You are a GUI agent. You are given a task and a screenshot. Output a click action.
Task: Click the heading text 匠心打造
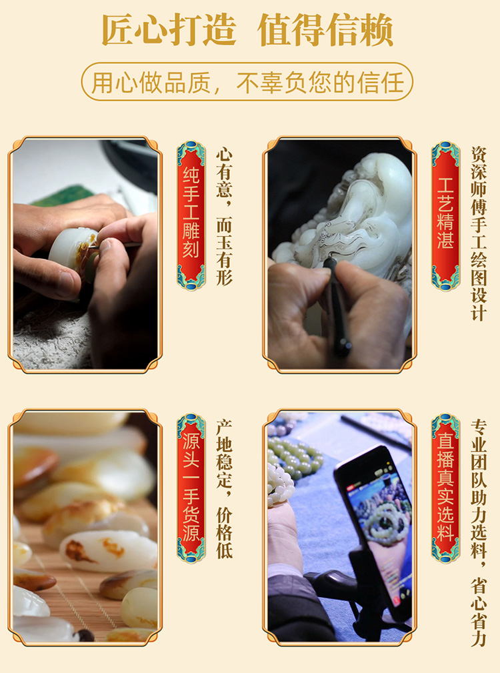pos(169,30)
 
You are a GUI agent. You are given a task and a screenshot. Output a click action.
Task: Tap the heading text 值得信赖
pos(325,30)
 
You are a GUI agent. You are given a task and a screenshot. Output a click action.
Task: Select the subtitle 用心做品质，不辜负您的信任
pos(247,82)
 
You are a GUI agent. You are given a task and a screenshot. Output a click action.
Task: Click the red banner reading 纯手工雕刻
pos(191,215)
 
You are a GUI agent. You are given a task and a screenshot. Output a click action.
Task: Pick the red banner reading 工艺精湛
pos(445,215)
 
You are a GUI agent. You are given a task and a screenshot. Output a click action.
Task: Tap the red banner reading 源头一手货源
pos(191,488)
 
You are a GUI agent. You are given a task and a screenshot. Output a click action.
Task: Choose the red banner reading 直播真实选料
pos(445,488)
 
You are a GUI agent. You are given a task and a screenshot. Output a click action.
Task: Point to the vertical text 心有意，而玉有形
pos(224,217)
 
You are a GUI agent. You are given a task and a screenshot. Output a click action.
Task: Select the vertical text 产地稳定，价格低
pos(224,489)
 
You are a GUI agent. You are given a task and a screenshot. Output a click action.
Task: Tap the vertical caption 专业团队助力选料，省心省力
pos(479,533)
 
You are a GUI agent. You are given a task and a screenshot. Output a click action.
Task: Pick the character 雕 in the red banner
pos(191,229)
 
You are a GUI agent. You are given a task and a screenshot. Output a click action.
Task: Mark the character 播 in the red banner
pos(445,460)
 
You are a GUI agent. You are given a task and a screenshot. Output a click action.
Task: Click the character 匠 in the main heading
pos(118,30)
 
